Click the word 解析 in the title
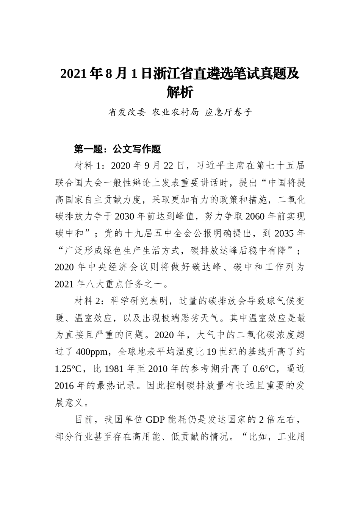[x=180, y=92]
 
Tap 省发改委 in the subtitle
[x=127, y=112]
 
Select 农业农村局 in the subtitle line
[x=175, y=112]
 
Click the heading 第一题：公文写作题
[x=117, y=149]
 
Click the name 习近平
[x=213, y=166]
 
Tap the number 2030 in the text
[x=124, y=217]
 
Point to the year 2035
[x=284, y=234]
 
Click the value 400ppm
[x=91, y=352]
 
